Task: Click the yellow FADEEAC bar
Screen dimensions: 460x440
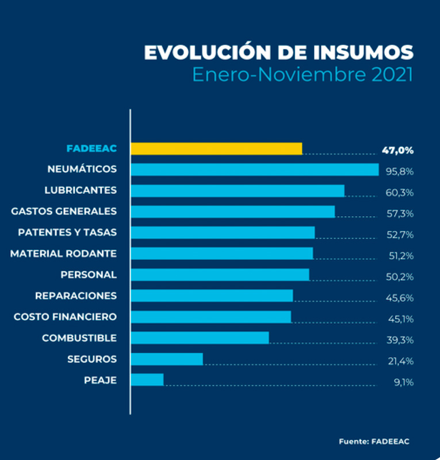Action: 216,148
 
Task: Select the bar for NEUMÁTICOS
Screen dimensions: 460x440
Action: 255,170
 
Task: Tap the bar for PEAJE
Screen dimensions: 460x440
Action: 147,379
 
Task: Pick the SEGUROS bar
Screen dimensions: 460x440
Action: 167,359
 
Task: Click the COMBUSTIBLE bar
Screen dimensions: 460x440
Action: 200,338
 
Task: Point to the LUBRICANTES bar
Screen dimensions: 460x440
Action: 238,190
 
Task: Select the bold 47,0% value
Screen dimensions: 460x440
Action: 397,151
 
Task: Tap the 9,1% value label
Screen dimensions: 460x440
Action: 403,382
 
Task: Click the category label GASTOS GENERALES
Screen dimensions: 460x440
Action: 64,211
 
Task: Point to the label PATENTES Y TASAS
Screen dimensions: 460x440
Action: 67,232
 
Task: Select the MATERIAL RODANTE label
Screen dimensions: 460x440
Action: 63,253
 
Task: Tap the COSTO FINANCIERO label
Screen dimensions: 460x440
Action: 65,317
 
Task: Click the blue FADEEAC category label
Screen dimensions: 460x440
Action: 91,148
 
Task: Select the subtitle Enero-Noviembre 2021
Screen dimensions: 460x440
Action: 303,75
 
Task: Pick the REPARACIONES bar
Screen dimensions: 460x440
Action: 212,296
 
